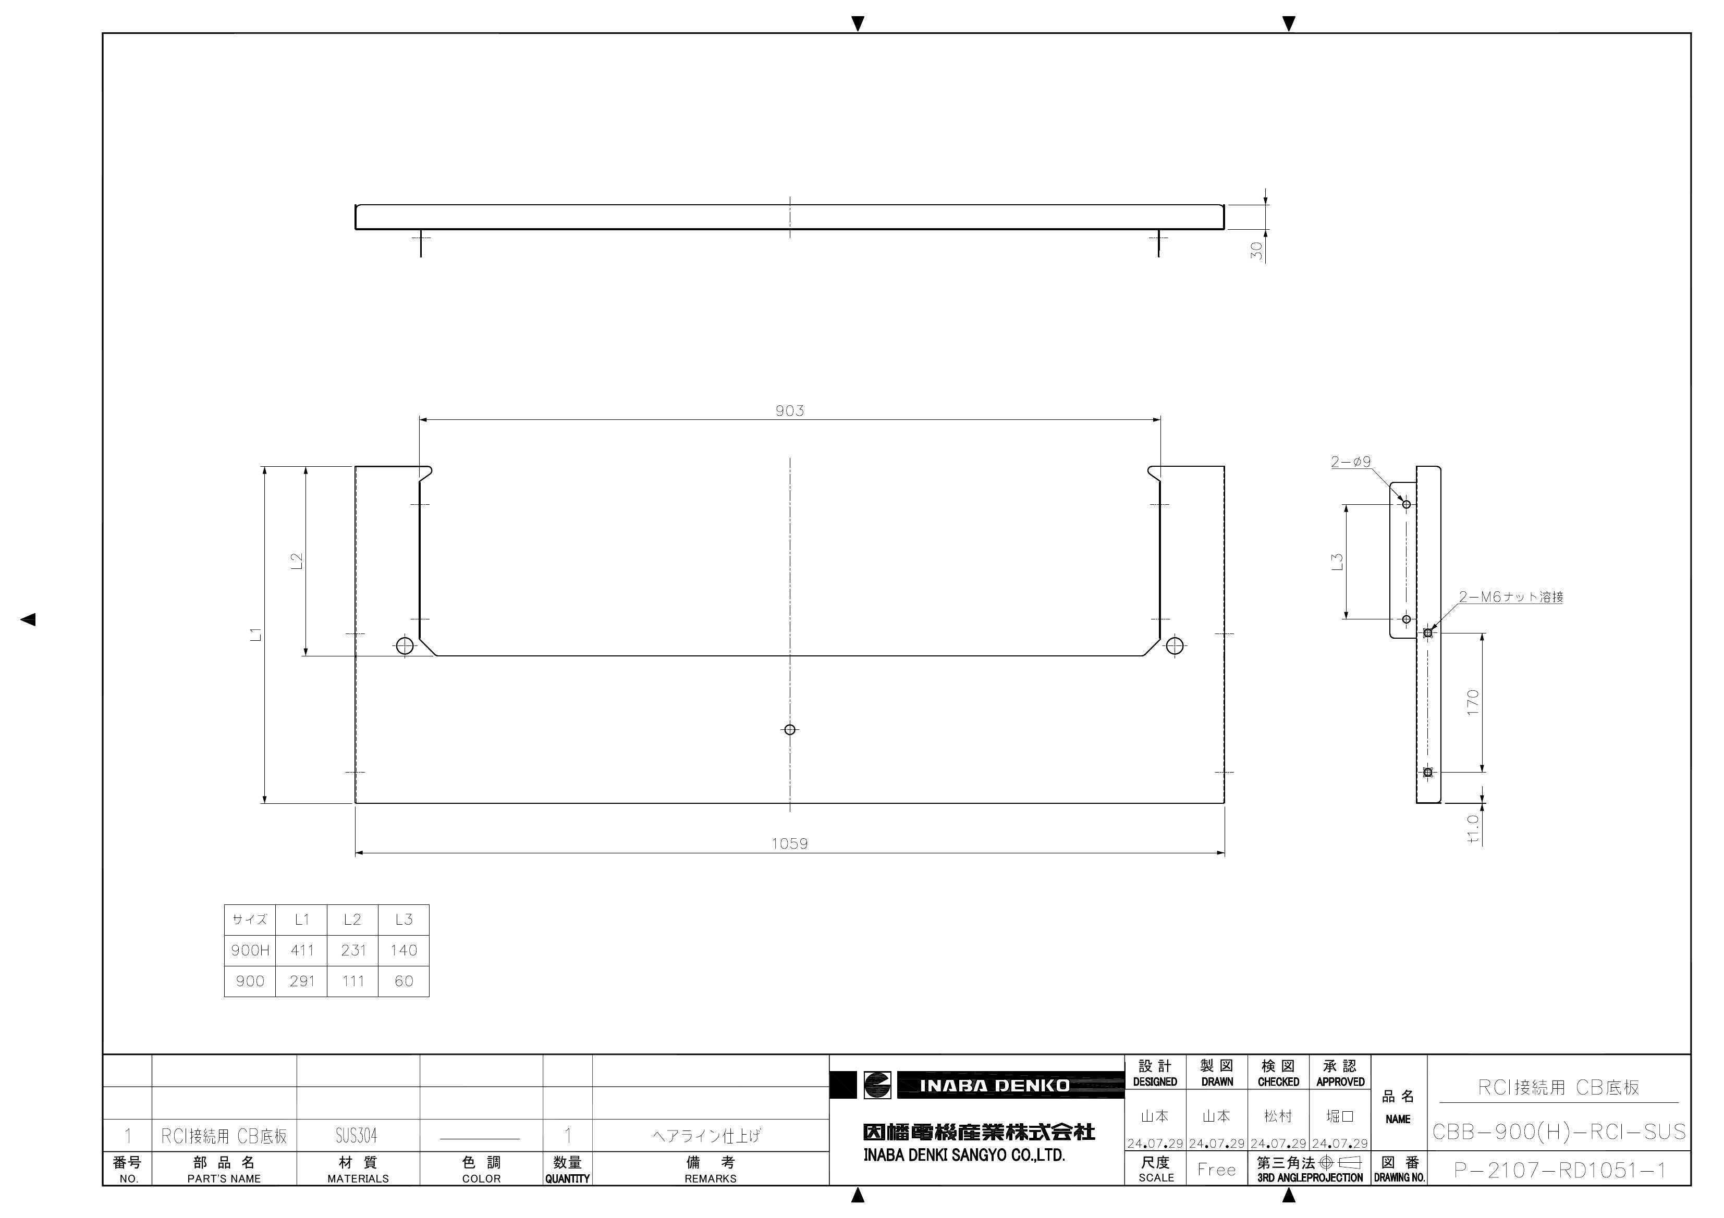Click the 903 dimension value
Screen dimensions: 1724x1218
pyautogui.click(x=789, y=411)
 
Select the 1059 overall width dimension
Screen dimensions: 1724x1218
pyautogui.click(x=789, y=843)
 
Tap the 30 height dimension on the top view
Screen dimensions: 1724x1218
pyautogui.click(x=1256, y=251)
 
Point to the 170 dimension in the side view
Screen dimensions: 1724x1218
pyautogui.click(x=1472, y=702)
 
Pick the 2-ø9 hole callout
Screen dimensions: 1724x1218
pyautogui.click(x=1351, y=462)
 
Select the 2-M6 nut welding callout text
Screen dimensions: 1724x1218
pyautogui.click(x=1511, y=596)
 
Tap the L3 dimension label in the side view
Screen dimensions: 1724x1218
pyautogui.click(x=1337, y=562)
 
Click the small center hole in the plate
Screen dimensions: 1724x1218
pyautogui.click(x=789, y=729)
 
